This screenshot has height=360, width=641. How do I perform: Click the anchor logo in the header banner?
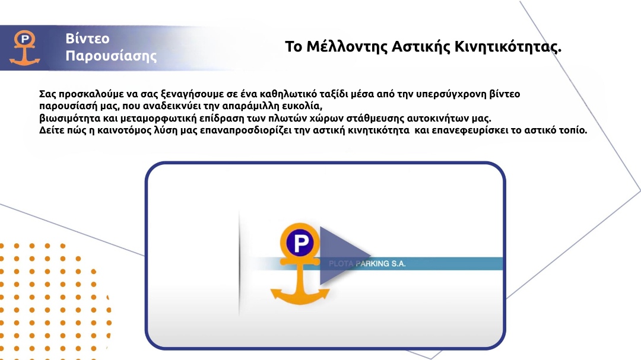[25, 48]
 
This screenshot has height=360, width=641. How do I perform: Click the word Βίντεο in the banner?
[87, 39]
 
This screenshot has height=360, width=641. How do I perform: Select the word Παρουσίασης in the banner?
[111, 56]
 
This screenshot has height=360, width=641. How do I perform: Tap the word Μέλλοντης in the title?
[347, 47]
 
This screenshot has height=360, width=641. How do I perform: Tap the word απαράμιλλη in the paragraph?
[249, 106]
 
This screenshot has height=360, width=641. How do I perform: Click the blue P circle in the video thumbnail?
[300, 243]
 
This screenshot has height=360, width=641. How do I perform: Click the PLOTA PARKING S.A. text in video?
[367, 263]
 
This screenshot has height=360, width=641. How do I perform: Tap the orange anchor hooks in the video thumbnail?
[300, 295]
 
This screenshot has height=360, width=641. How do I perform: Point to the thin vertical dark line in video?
[239, 264]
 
